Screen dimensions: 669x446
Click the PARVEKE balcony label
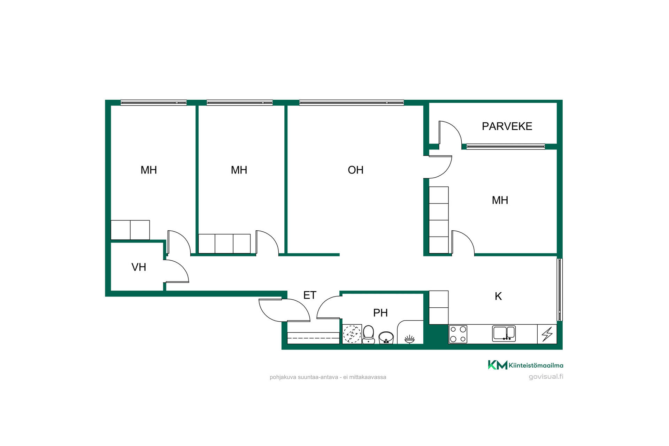pos(507,126)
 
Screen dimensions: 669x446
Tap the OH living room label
pos(355,170)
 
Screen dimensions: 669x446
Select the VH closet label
pos(139,267)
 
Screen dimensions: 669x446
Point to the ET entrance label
pos(310,295)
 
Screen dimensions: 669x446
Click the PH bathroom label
pos(380,313)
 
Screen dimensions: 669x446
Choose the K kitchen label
pos(498,296)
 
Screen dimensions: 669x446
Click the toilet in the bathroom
pos(368,334)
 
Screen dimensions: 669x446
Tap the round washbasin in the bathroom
pos(386,338)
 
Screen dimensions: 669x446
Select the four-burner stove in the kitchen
pos(458,334)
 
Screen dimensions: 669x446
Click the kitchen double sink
pos(504,333)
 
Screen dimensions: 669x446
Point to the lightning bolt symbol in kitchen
pos(547,334)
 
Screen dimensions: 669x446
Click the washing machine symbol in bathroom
pos(352,334)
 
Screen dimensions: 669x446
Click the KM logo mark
pos(498,365)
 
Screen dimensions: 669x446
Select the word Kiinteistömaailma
pos(536,365)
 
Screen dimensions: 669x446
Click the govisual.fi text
pos(546,377)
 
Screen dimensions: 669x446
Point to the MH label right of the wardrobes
pos(500,200)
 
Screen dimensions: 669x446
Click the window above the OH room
pos(352,103)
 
